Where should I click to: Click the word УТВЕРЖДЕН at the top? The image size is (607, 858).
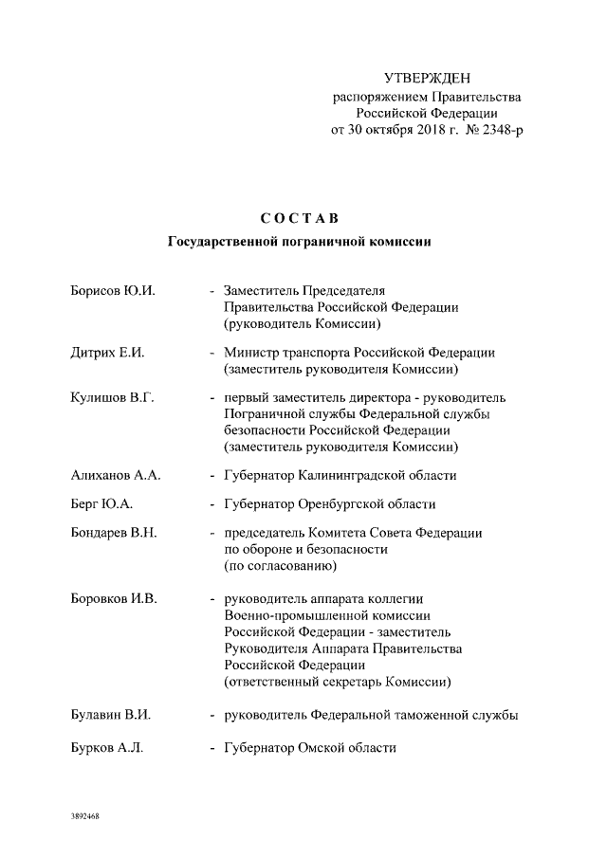tap(426, 77)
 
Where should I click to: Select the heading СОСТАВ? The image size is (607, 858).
tap(300, 219)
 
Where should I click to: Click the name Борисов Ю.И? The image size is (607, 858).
tap(113, 290)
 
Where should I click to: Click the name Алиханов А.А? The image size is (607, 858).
tap(116, 475)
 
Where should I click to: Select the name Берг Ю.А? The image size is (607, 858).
tap(100, 504)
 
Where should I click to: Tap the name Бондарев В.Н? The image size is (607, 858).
tap(114, 534)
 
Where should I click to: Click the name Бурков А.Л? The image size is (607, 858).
tap(107, 748)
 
